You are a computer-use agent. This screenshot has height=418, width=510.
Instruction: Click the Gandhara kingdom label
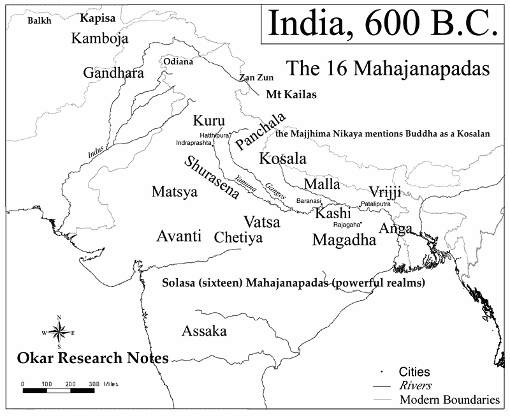coord(113,73)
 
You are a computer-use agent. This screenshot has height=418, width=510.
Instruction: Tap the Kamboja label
coord(99,39)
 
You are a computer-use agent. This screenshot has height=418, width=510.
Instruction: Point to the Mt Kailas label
coord(291,95)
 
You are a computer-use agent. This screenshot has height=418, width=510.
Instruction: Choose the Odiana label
coord(178,62)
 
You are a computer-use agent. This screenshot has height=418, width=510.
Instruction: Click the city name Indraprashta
coord(194,143)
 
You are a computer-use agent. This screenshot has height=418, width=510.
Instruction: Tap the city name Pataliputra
coord(379,204)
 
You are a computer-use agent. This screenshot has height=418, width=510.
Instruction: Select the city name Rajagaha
coord(347,225)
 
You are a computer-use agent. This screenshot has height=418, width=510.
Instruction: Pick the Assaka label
coord(204,331)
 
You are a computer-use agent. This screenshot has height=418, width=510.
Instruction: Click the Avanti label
coord(178,237)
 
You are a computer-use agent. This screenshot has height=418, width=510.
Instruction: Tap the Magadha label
coord(344,240)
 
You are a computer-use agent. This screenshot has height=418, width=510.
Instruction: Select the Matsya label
coord(174,191)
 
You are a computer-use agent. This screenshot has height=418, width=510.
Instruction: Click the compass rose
coord(59,332)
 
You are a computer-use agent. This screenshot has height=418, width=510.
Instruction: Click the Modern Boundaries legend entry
coord(449,400)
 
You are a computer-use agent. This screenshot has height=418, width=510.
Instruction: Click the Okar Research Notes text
coord(92,358)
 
